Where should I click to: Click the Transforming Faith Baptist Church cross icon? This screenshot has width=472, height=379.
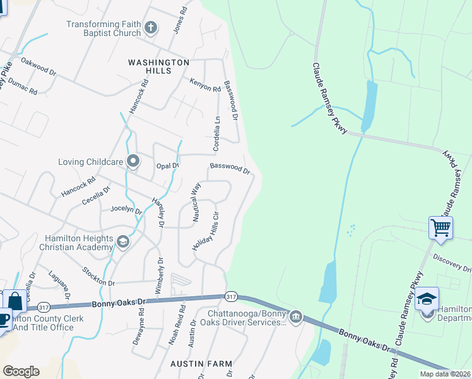[x=150, y=27]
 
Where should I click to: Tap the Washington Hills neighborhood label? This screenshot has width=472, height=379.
[x=158, y=67]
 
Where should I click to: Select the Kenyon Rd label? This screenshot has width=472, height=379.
[x=205, y=84]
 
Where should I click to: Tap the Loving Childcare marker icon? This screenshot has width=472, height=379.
[x=133, y=162]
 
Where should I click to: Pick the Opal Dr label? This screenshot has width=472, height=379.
[x=168, y=165]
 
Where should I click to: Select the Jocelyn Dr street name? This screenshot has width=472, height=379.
[x=126, y=209]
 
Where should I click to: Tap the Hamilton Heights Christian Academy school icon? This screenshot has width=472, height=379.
[x=123, y=241]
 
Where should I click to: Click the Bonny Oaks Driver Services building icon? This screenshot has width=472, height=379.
[x=295, y=316]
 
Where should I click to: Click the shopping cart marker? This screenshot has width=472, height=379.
[x=440, y=226]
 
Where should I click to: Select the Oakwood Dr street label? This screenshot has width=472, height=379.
[x=38, y=66]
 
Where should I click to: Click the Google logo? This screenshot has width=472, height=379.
[x=21, y=371]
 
